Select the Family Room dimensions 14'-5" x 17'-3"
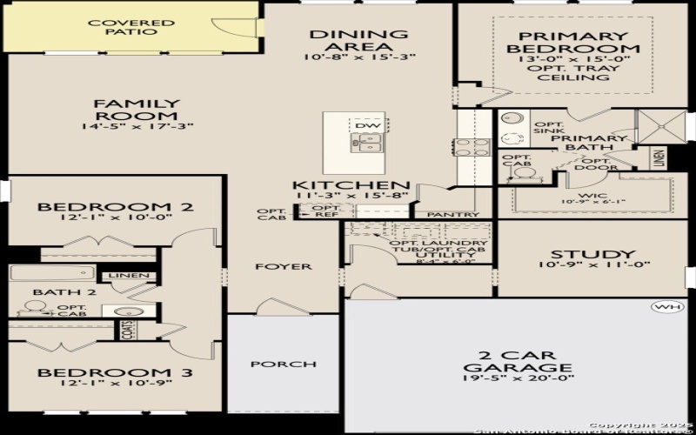pos(137,127)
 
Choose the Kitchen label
pos(351,186)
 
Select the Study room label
pos(580,254)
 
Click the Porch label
pos(271,364)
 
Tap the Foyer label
pos(283,266)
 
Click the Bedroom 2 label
pos(114,207)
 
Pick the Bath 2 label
pos(51,292)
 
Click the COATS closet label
pos(127,330)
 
